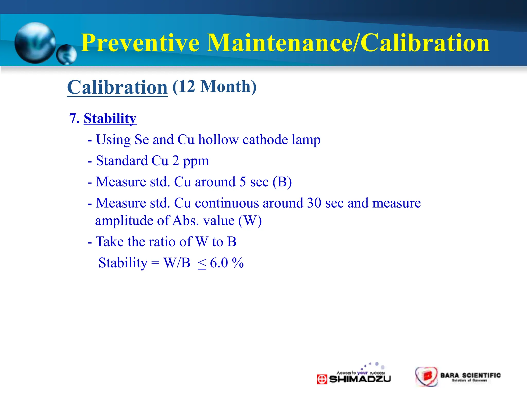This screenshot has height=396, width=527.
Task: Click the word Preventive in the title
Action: point(140,43)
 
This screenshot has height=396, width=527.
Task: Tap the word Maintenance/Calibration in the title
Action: point(348,43)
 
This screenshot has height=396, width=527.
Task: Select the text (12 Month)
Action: point(214,86)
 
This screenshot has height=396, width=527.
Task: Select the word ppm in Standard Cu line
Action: point(196,161)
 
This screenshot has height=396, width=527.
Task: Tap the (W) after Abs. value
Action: point(250,221)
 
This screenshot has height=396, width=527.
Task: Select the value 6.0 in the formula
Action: point(219,263)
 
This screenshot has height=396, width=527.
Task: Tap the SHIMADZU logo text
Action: point(360,379)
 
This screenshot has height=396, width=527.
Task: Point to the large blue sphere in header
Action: point(35,43)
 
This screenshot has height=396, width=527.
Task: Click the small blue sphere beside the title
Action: point(66,55)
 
